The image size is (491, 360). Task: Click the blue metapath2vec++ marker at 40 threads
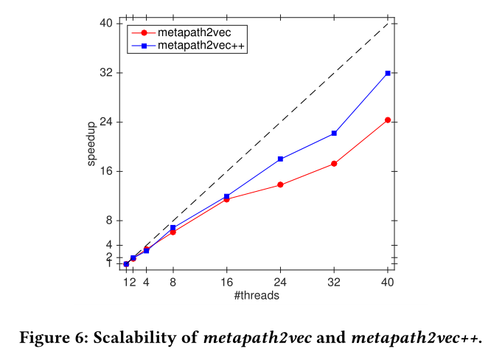(388, 73)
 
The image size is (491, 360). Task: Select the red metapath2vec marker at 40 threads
(388, 120)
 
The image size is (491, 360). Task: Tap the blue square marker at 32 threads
(334, 133)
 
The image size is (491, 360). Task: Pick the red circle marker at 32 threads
(334, 164)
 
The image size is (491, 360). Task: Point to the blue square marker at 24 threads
(280, 159)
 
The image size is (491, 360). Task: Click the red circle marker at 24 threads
(280, 184)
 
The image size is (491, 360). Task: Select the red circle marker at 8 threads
(173, 232)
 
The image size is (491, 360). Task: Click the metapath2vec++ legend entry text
(201, 46)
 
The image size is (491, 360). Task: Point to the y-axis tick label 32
(106, 73)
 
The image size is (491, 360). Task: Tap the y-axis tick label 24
(106, 122)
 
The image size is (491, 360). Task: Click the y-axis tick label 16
(106, 171)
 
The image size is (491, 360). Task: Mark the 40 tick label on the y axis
(106, 24)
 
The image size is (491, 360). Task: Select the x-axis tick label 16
(227, 282)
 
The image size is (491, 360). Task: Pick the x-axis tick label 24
(280, 282)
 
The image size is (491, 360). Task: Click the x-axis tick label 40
(388, 282)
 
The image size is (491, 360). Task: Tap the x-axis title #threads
(256, 295)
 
